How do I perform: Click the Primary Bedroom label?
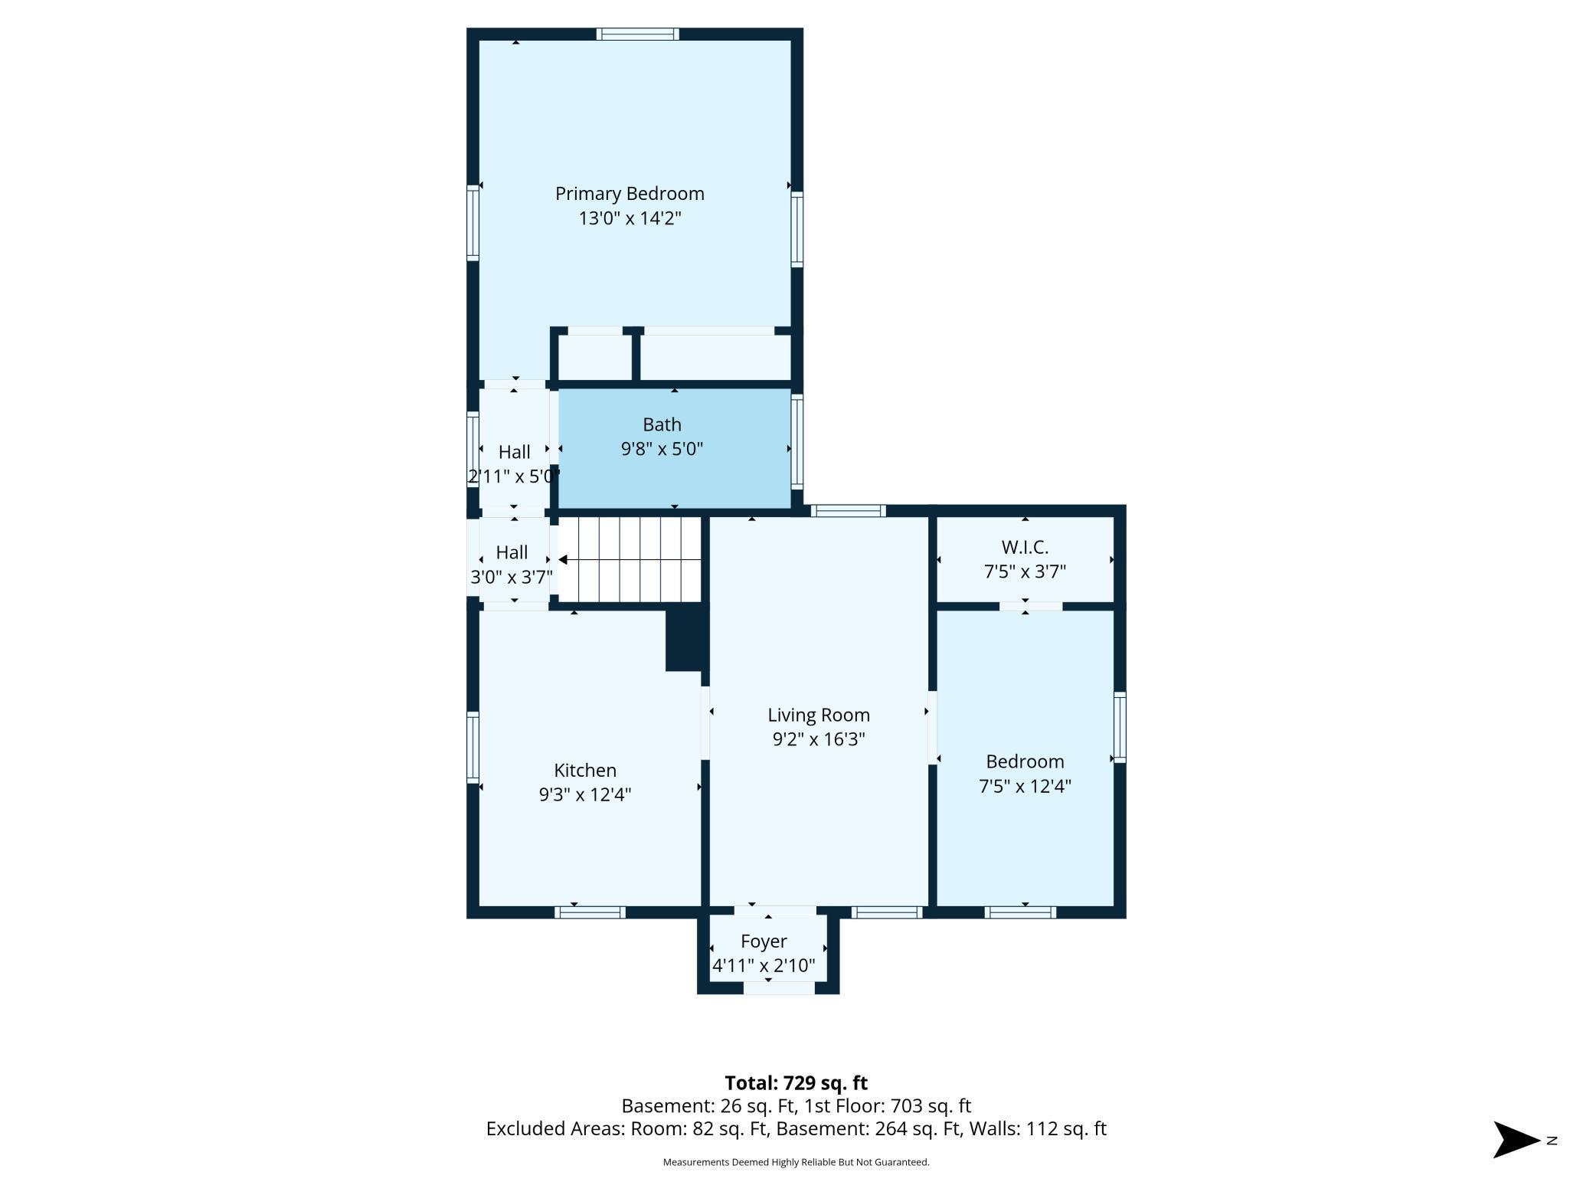pos(630,195)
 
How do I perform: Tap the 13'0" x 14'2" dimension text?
pos(630,218)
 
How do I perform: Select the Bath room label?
pos(662,424)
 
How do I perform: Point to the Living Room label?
pos(819,715)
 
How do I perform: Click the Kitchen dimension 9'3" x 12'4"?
pos(585,794)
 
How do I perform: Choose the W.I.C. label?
pos(1025,548)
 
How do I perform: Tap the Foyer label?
pos(764,941)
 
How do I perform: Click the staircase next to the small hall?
pos(630,559)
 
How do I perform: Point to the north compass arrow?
pos(1516,1140)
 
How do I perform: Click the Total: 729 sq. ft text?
pos(796,1083)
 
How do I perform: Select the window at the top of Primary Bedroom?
pos(638,34)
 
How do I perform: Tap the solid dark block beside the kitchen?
pos(684,637)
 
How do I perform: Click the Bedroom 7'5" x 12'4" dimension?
pos(1025,786)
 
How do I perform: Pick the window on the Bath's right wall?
pos(797,441)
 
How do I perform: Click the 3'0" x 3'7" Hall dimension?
pos(512,577)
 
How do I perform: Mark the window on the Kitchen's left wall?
pos(473,748)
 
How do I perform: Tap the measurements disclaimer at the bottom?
pos(796,1162)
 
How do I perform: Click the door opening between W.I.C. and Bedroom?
pos(1031,607)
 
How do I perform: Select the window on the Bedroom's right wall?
pos(1120,727)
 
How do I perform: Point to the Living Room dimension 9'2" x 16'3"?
pos(819,739)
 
